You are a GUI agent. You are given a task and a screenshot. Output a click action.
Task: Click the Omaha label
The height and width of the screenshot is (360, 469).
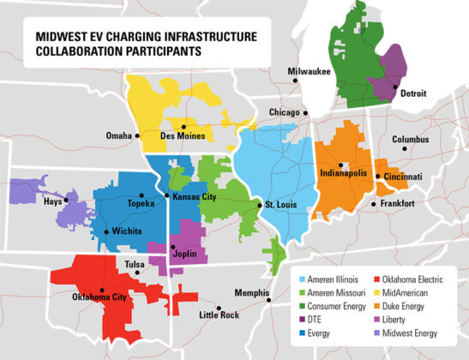pyautogui.click(x=118, y=135)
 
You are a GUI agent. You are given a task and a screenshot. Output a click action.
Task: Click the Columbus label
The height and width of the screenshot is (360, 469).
pyautogui.click(x=411, y=139)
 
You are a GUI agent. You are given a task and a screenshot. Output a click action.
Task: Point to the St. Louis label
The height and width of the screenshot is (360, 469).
pyautogui.click(x=281, y=205)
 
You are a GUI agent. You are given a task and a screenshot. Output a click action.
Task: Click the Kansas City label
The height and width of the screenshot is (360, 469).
pyautogui.click(x=195, y=197)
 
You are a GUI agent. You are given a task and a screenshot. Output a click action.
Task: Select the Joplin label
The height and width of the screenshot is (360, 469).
pyautogui.click(x=184, y=255)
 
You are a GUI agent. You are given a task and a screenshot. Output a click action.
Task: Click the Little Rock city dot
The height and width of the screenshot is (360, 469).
pyautogui.click(x=219, y=308)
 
